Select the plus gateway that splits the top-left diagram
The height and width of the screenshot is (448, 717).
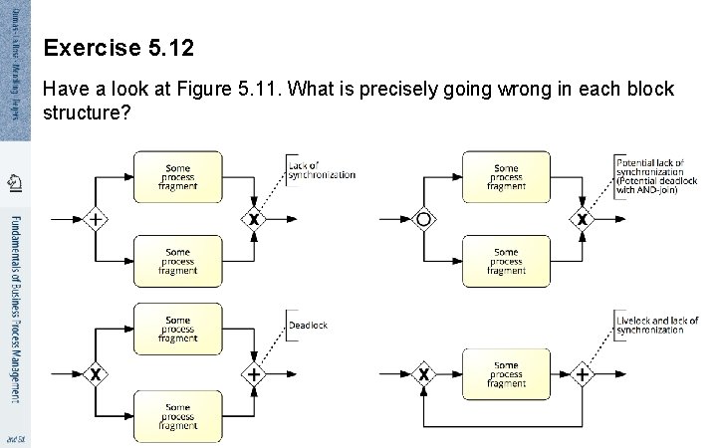tap(95, 219)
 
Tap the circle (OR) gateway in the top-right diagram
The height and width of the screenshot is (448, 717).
tap(424, 219)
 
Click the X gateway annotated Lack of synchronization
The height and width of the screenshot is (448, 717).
tap(254, 219)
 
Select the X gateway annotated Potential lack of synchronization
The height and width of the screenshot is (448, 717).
tap(583, 219)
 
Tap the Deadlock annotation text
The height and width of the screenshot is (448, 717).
tap(308, 326)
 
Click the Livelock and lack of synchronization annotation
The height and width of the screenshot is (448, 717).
tap(657, 325)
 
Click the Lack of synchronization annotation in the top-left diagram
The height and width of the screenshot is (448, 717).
tap(321, 170)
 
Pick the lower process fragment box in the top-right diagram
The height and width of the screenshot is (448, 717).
tap(506, 262)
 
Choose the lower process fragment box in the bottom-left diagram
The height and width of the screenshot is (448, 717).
tap(177, 416)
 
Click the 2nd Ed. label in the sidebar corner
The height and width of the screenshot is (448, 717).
tap(14, 439)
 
